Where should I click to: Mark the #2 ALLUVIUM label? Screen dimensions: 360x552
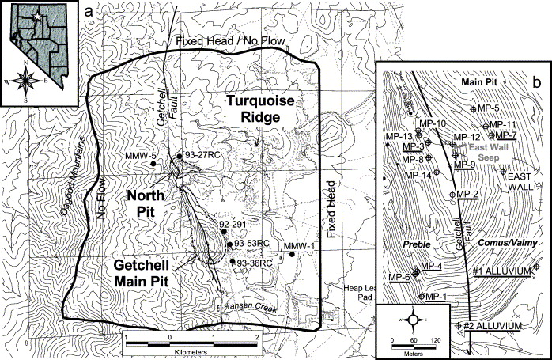491,326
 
